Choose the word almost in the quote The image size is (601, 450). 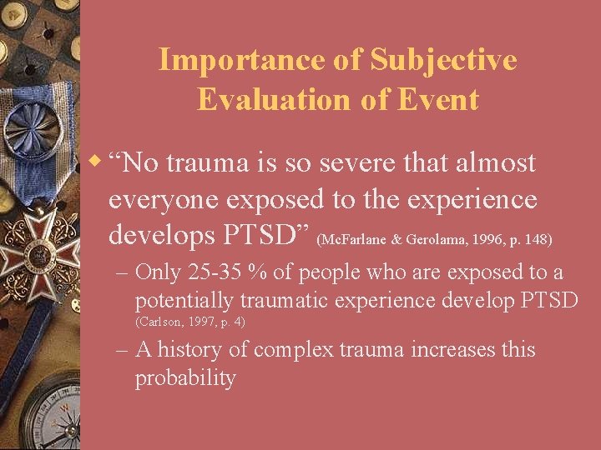coord(490,163)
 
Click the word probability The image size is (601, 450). coord(185,378)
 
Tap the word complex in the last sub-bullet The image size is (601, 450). coord(289,350)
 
